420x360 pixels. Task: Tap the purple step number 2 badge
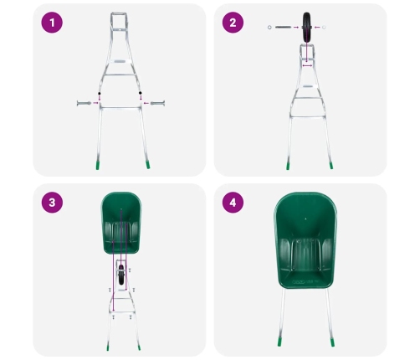pyautogui.click(x=233, y=23)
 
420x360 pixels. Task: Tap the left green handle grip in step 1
pyautogui.click(x=98, y=165)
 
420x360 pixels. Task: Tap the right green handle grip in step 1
pyautogui.click(x=147, y=165)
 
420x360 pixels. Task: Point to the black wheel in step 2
pyautogui.click(x=306, y=28)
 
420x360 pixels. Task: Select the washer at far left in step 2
pyautogui.click(x=269, y=28)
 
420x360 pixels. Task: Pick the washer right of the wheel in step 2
pyautogui.click(x=323, y=28)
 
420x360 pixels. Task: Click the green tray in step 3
pyautogui.click(x=121, y=222)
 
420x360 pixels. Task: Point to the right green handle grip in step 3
pyautogui.click(x=138, y=346)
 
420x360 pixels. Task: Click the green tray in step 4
pyautogui.click(x=305, y=243)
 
